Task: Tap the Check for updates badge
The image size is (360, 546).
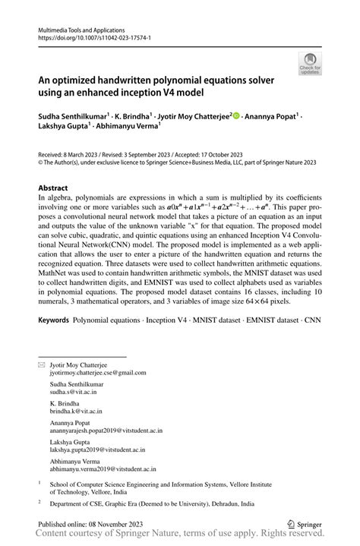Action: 309,65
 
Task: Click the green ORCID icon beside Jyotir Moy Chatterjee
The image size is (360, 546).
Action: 236,116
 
